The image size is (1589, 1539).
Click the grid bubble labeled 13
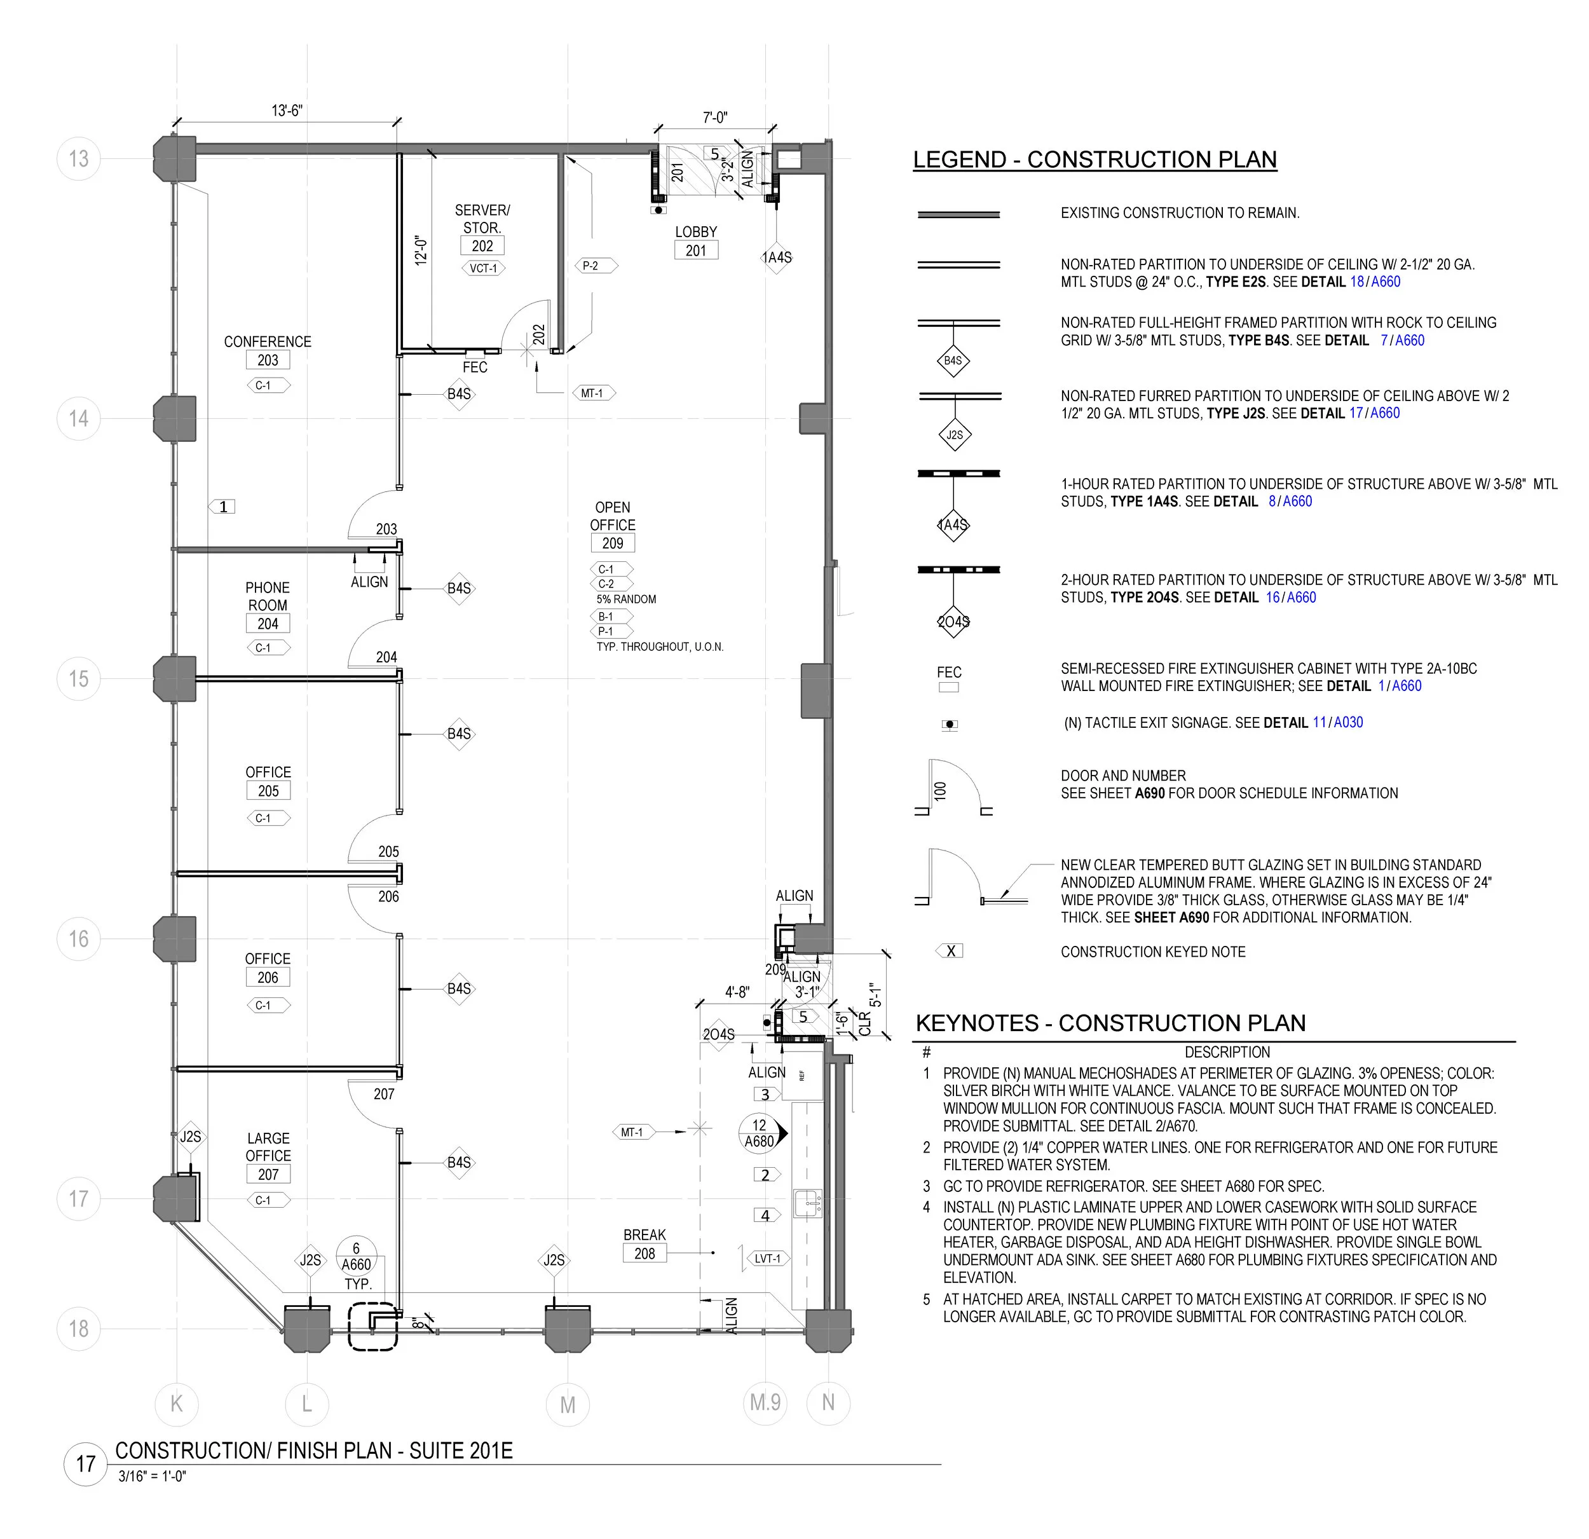pos(79,158)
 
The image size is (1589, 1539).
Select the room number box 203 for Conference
pos(268,360)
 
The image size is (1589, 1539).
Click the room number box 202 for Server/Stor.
pos(482,245)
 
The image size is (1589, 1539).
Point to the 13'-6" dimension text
pos(287,110)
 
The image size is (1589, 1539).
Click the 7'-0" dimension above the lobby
pos(715,118)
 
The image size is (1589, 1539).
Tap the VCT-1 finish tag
pos(483,268)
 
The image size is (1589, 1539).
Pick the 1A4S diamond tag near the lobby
pos(777,257)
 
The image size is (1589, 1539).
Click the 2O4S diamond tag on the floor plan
pos(718,1035)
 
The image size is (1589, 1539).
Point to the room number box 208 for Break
pos(644,1253)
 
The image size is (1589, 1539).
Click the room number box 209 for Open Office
pos(613,544)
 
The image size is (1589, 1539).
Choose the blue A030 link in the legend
pos(1348,723)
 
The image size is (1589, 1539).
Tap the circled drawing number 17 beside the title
pos(86,1463)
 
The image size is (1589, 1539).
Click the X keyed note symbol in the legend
pos(950,951)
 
